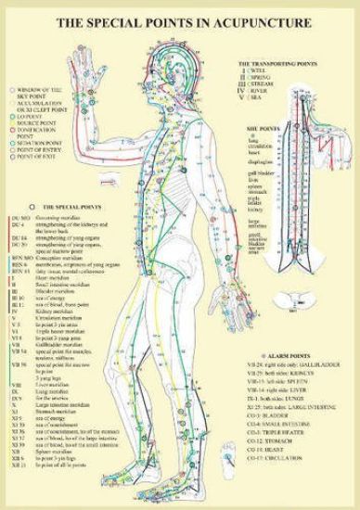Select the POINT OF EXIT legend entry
(x=34, y=157)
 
